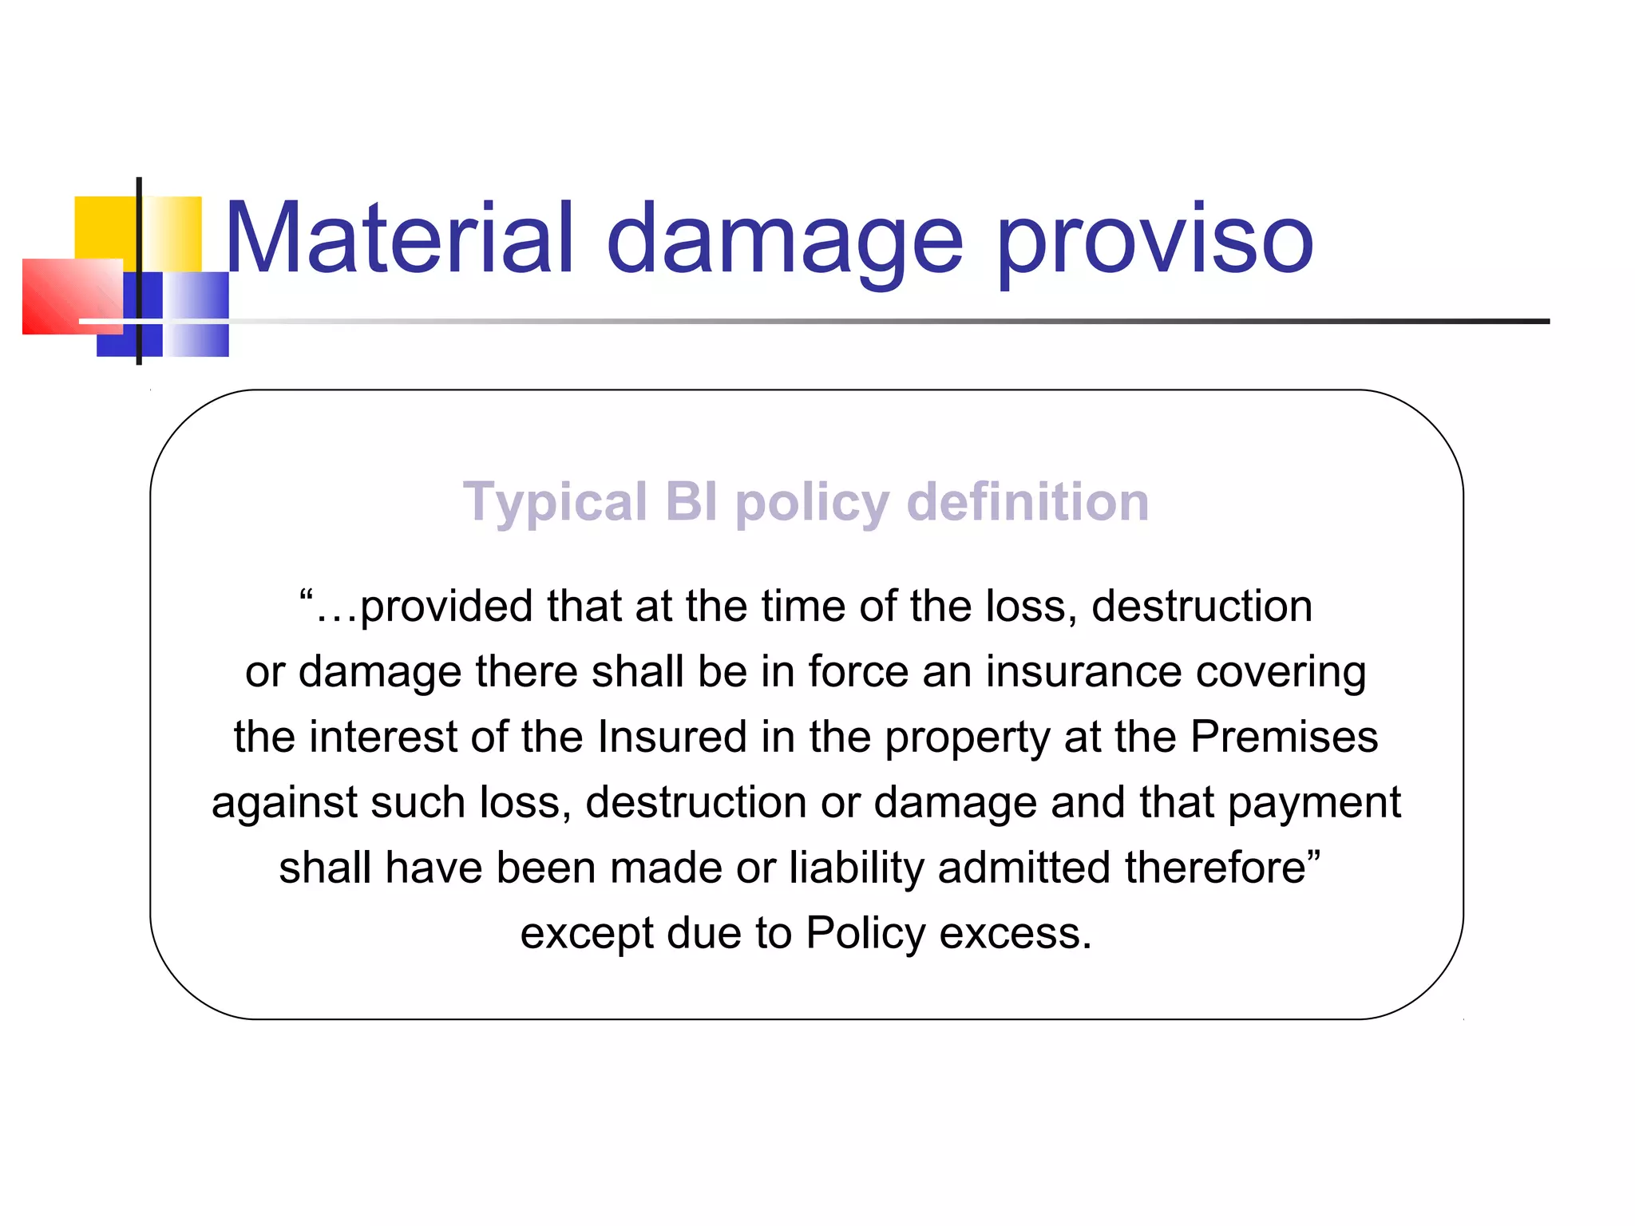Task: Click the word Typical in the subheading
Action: coord(555,504)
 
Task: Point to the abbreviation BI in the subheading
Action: coord(691,502)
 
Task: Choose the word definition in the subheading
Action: coord(1027,502)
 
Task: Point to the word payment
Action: coord(1314,803)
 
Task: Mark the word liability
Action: coord(856,868)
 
